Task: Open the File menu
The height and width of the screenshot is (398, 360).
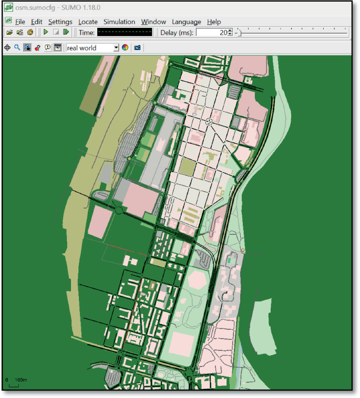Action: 20,22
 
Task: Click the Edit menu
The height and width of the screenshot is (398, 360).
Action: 36,22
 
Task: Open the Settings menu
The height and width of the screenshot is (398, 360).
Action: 60,22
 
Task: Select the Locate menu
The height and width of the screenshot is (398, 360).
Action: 88,22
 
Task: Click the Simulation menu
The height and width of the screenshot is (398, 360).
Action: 119,22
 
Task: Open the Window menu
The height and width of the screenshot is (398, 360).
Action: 153,22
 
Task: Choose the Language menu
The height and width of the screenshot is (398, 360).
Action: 186,22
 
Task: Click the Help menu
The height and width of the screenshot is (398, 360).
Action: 213,22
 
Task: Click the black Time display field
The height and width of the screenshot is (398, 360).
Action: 125,32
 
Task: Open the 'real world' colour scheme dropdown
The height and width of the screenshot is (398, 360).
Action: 92,48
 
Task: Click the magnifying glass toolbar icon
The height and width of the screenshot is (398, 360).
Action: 17,47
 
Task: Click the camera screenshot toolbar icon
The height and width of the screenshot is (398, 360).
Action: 137,48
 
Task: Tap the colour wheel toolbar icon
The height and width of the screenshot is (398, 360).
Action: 125,48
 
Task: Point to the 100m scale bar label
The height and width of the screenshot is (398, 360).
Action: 20,380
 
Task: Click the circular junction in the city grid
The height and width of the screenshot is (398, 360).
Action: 209,121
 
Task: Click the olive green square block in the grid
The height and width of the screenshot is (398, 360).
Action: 188,167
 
